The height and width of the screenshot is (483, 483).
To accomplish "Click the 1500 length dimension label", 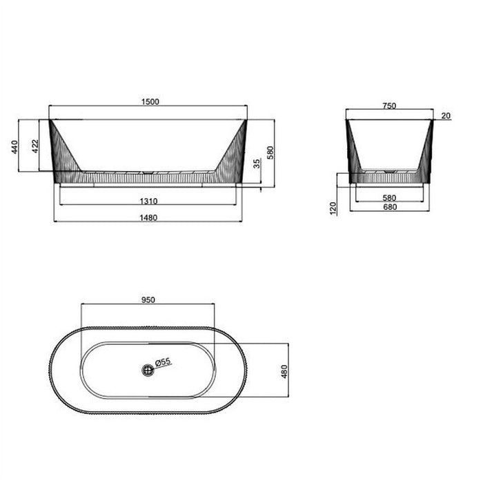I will [150, 101].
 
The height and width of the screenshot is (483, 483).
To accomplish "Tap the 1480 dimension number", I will [148, 218].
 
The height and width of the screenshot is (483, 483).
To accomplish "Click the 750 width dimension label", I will [388, 106].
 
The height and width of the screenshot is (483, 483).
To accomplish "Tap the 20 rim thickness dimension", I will [445, 116].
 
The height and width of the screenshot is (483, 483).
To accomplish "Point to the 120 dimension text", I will [332, 207].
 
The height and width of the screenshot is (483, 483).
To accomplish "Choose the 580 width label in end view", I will [389, 197].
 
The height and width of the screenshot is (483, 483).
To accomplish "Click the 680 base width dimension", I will [389, 207].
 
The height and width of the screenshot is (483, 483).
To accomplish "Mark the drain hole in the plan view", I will [147, 370].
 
